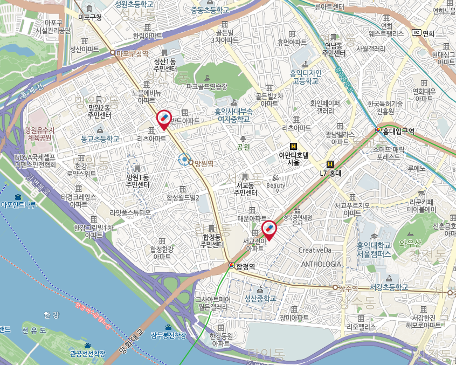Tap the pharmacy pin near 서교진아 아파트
[x=269, y=229]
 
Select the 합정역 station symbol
[x=232, y=265]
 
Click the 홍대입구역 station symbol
[x=379, y=130]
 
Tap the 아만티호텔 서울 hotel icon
[x=294, y=146]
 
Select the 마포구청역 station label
[x=132, y=53]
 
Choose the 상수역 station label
[x=348, y=288]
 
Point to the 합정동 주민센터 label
[x=212, y=240]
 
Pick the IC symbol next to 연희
[x=416, y=32]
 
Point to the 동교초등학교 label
[x=100, y=139]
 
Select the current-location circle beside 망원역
[x=185, y=160]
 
